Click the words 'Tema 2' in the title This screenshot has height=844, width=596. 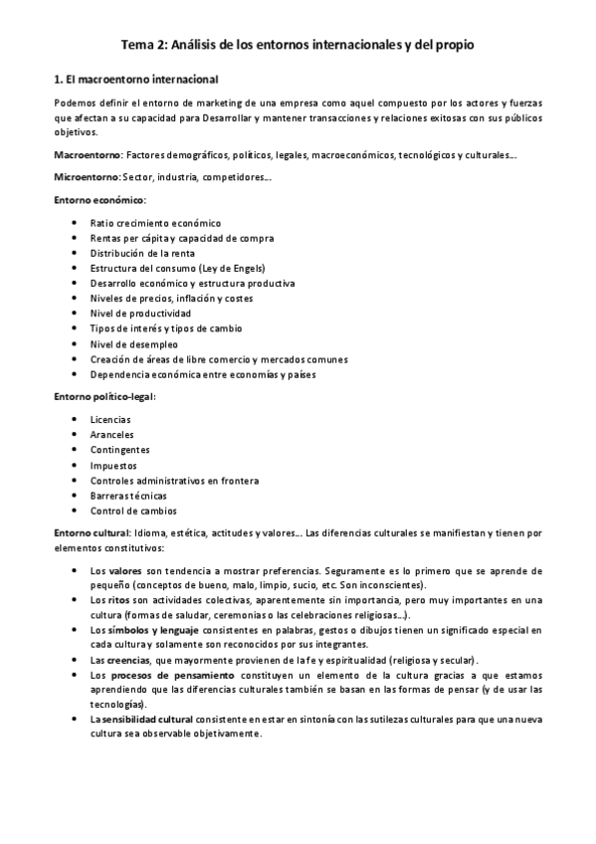click(142, 45)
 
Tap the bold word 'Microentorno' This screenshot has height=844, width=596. click(86, 177)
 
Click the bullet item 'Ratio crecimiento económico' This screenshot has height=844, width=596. click(155, 223)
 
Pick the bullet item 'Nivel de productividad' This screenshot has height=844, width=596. click(140, 314)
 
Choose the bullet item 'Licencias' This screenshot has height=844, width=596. click(110, 419)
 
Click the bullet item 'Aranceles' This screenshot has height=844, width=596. click(111, 435)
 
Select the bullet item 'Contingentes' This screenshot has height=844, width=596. click(120, 450)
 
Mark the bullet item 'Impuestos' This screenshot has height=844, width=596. click(113, 465)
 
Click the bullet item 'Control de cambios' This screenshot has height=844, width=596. click(133, 511)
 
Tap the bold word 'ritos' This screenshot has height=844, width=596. click(119, 601)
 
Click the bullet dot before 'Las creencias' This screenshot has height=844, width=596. click(78, 660)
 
